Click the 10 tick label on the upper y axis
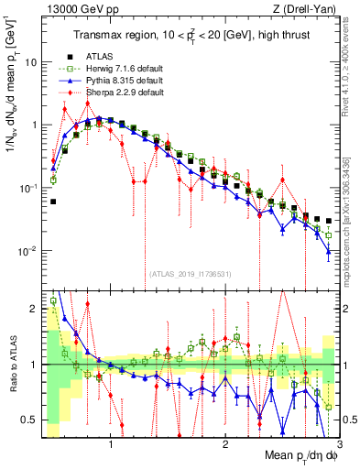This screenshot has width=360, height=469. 30,62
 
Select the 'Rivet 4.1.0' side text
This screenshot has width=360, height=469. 352,69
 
